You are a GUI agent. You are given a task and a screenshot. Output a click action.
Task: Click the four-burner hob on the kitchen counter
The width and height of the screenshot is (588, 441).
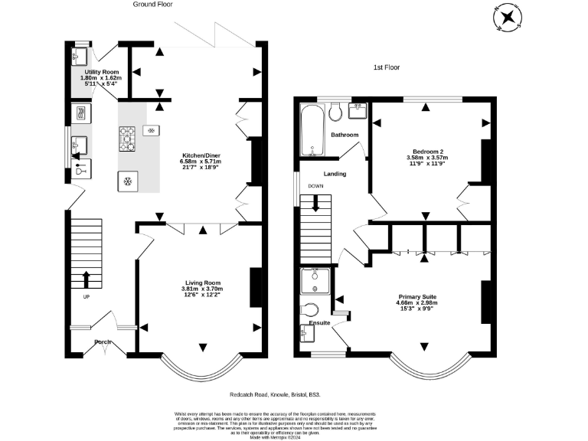pyautogui.click(x=128, y=139)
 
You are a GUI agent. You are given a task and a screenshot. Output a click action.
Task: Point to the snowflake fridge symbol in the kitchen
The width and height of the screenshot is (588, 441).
pyautogui.click(x=127, y=182)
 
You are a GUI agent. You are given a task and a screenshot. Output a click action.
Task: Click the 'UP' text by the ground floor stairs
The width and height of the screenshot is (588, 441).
pyautogui.click(x=85, y=297)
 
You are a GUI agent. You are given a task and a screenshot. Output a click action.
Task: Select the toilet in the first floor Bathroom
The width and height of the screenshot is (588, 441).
pyautogui.click(x=335, y=113)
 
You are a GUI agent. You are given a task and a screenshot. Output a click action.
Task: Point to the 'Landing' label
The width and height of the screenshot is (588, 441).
pyautogui.click(x=335, y=174)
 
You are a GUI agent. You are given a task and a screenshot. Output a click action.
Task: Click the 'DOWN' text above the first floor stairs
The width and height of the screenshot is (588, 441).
pyautogui.click(x=315, y=186)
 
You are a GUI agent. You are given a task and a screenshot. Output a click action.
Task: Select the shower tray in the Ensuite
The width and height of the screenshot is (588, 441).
pyautogui.click(x=315, y=281)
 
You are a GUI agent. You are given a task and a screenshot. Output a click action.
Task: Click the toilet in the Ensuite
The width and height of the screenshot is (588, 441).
pyautogui.click(x=310, y=312)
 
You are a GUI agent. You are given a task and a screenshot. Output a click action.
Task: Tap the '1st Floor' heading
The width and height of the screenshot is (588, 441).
pyautogui.click(x=386, y=67)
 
